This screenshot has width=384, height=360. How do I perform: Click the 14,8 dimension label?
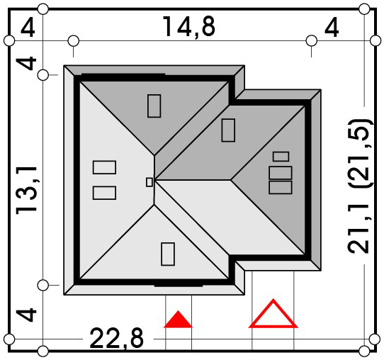pos(189,27)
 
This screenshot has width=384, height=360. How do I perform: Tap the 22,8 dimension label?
pos(117,339)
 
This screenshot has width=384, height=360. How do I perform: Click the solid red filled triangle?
pos(178,320)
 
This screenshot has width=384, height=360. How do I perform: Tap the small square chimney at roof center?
pos(149,182)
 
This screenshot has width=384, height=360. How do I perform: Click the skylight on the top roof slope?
pos(154,106)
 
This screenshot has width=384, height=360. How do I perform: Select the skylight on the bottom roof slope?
pos(168,254)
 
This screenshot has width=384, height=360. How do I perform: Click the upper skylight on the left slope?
pos(104,167)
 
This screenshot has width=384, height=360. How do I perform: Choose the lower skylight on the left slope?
pos(104,193)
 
